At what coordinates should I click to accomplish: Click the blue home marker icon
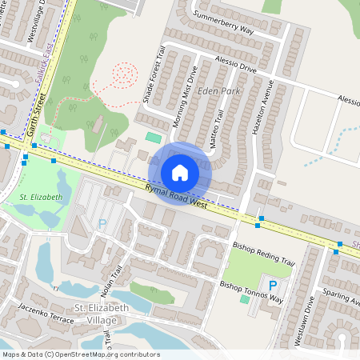pos(180,172)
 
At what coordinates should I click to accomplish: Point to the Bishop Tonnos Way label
pos(251,292)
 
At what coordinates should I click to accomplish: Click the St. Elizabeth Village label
pos(95,314)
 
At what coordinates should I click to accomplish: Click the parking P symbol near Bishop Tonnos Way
pos(273,286)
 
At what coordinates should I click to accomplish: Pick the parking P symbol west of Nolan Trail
pos(102,225)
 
